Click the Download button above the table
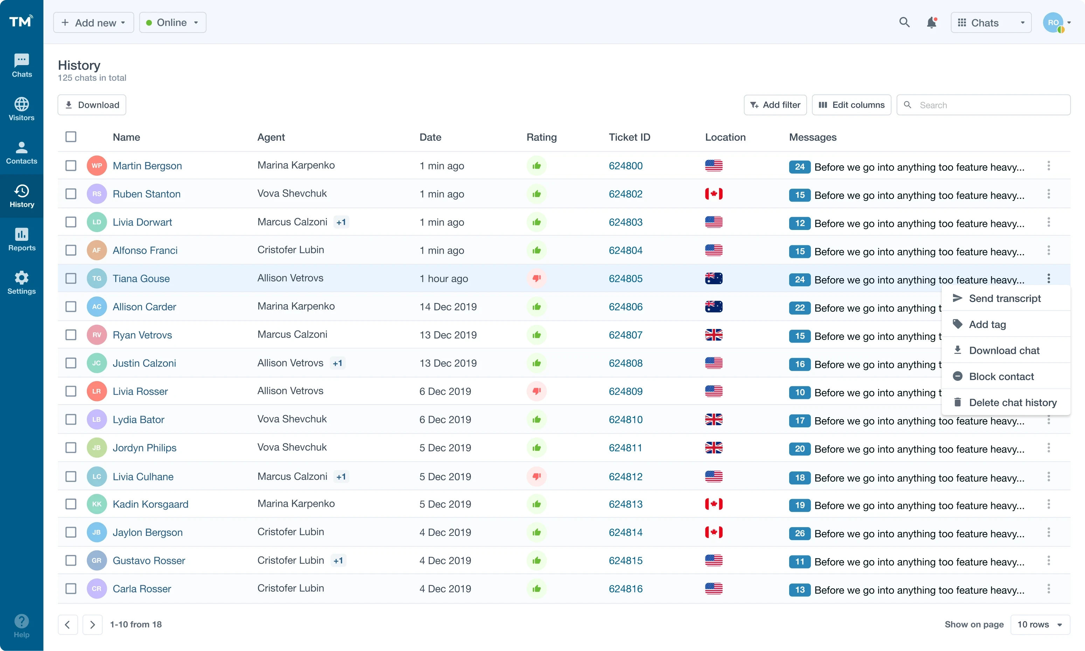(x=92, y=105)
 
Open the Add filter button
(x=775, y=105)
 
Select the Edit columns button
(x=851, y=105)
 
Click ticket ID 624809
(x=625, y=391)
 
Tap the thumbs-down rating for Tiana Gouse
(x=536, y=279)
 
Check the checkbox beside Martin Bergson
(x=71, y=166)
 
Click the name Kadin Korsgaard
(x=151, y=504)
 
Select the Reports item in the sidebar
(x=21, y=239)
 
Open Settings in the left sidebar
(x=21, y=282)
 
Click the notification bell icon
(x=931, y=22)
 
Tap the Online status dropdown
(x=172, y=22)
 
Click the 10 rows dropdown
(x=1039, y=624)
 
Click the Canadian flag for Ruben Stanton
(x=714, y=194)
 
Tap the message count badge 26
(x=799, y=533)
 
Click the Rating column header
(x=541, y=137)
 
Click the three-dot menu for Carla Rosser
(x=1049, y=589)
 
